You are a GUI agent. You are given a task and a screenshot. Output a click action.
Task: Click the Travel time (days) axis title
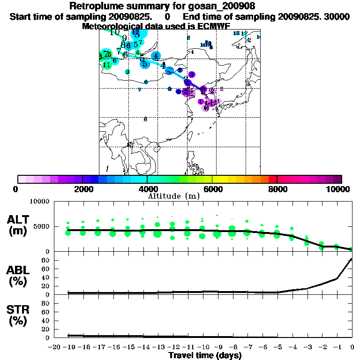(x=205, y=356)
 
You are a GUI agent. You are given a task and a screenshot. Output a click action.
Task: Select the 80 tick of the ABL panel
(x=46, y=260)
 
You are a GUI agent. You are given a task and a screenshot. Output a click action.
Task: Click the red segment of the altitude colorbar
(x=272, y=179)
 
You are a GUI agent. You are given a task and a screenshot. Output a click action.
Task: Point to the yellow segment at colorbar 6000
(x=216, y=179)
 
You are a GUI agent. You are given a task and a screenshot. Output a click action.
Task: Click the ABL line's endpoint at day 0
(x=352, y=259)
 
